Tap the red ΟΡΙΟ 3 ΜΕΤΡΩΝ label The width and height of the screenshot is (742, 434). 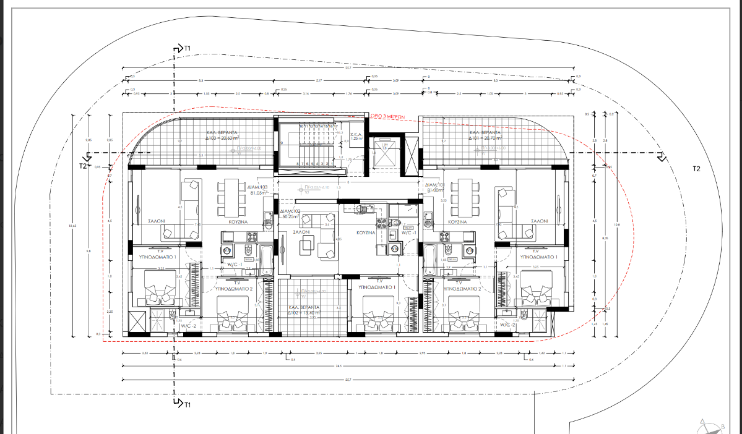(x=387, y=116)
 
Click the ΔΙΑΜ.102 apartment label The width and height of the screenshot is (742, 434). (x=290, y=215)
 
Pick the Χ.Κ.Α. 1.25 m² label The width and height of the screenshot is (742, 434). (x=355, y=137)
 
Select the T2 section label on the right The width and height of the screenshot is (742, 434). (x=696, y=169)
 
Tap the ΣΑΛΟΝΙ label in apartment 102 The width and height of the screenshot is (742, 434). (x=301, y=231)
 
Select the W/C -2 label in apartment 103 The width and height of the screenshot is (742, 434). (x=188, y=325)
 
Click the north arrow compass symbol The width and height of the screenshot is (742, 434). (x=711, y=426)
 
